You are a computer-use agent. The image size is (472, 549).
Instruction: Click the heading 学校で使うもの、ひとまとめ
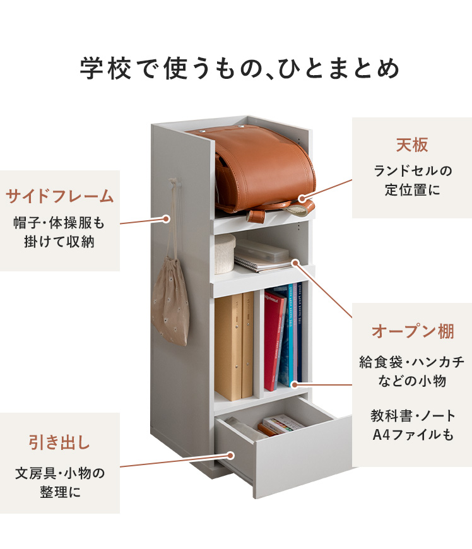[240, 68]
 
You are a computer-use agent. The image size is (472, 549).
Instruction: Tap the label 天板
[411, 145]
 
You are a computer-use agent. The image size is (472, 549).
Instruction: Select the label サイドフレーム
[60, 196]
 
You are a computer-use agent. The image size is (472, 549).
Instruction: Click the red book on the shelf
[274, 341]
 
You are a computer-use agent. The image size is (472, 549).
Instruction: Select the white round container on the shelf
[225, 254]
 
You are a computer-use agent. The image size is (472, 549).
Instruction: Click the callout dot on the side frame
[167, 219]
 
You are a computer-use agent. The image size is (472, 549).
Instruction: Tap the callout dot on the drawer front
[231, 454]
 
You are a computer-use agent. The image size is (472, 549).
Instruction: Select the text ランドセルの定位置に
[411, 180]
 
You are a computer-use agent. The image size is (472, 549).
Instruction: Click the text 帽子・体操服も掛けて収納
[60, 232]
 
